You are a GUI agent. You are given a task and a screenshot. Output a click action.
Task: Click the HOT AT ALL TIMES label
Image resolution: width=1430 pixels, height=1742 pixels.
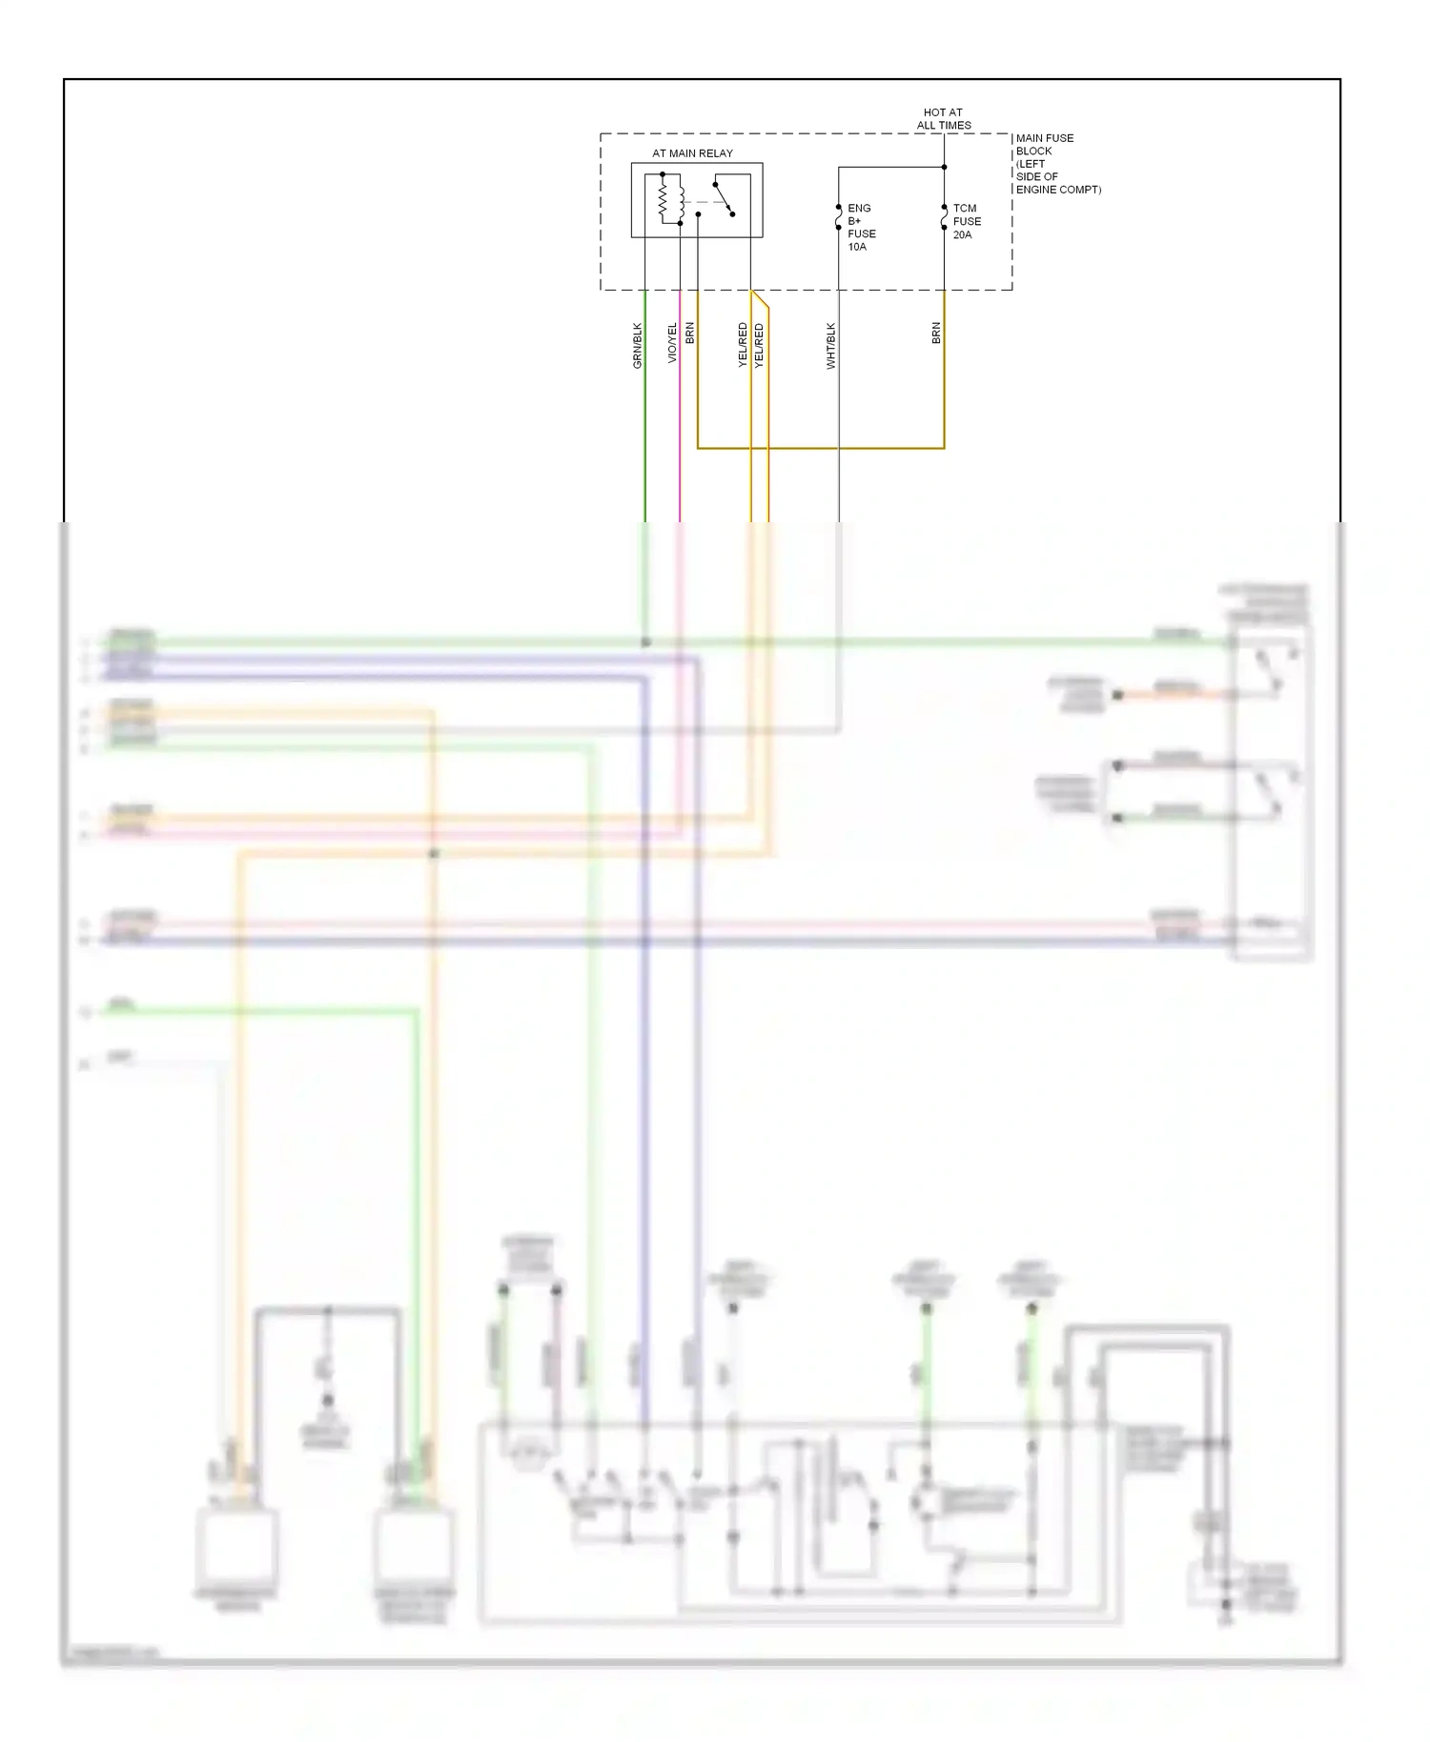944,118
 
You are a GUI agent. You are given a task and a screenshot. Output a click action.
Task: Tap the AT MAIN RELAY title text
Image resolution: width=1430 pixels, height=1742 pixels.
692,152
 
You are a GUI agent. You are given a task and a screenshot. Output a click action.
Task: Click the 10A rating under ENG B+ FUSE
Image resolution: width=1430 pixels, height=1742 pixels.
857,247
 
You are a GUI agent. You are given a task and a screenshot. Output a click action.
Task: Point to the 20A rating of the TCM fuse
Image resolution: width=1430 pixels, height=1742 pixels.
962,234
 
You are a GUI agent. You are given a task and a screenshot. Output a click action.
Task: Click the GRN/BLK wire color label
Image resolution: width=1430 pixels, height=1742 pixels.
638,345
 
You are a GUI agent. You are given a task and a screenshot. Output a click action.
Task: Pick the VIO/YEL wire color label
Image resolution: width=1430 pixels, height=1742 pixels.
672,342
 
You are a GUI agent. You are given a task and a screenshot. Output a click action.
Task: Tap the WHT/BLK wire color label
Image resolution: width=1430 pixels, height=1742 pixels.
830,345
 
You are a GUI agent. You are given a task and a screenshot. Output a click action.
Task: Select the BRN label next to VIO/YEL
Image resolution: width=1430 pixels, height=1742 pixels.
689,333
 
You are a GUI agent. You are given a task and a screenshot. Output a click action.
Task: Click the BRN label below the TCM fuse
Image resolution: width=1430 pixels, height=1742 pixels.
936,333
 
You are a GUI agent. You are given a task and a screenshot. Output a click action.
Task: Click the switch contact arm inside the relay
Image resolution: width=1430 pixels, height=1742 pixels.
724,198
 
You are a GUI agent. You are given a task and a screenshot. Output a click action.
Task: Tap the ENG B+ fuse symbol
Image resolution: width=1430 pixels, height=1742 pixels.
839,217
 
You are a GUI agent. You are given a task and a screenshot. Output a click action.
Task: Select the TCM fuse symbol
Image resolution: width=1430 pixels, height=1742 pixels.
944,217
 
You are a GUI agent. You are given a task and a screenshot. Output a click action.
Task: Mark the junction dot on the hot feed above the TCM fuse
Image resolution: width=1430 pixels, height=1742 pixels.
944,167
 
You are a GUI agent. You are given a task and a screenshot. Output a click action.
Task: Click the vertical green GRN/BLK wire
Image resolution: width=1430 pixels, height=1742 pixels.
645,429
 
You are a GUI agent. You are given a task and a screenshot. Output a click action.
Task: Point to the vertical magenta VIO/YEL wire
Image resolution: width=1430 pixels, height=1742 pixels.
680,429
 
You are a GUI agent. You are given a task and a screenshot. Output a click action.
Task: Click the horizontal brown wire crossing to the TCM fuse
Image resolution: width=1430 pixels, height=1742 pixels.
820,447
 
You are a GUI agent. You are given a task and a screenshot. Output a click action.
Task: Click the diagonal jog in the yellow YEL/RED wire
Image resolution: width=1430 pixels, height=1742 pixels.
760,299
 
